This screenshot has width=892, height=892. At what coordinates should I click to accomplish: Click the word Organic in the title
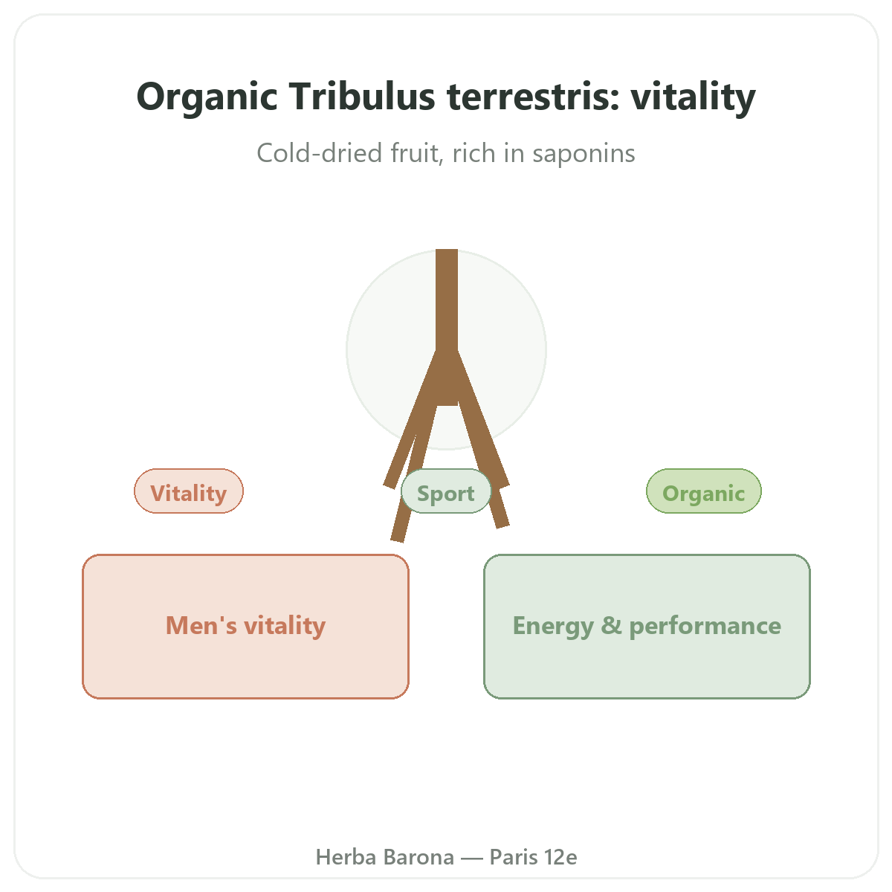(207, 97)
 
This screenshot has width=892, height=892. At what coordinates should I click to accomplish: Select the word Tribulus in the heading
(362, 97)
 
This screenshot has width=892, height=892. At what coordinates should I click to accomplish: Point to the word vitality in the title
(694, 97)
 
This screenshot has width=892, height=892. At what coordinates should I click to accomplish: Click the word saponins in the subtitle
(584, 153)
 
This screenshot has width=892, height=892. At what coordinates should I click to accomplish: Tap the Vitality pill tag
(188, 491)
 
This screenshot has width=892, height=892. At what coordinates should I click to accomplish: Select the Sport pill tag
(446, 491)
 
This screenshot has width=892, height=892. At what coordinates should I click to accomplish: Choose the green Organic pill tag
(704, 491)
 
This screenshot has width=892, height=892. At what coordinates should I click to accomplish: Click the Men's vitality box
(245, 627)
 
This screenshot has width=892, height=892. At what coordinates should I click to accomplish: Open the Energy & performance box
(647, 627)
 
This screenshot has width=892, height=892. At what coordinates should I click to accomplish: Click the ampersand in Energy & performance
(611, 625)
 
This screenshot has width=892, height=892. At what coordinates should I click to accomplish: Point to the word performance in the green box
(705, 627)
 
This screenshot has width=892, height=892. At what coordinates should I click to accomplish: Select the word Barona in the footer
(419, 857)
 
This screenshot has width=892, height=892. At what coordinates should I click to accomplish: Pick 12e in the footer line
(560, 857)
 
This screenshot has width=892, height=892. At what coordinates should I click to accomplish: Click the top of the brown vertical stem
(447, 250)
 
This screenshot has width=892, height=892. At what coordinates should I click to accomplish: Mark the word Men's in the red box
(201, 625)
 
